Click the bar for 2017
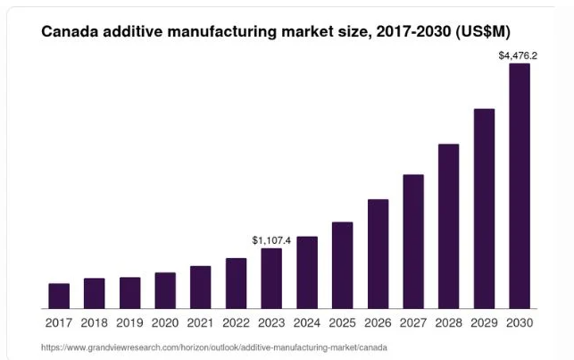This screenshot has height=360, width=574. [59, 296]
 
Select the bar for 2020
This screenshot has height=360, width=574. [165, 290]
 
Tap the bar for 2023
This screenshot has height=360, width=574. [271, 279]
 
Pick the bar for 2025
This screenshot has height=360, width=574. [342, 265]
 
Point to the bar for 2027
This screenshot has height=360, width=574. [413, 241]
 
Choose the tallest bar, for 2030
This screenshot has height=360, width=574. [519, 186]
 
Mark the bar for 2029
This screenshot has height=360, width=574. [484, 208]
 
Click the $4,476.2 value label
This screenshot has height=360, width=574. [518, 55]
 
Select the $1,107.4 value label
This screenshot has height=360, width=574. [271, 240]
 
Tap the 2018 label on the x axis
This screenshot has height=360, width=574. [95, 322]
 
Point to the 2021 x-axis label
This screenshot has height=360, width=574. [201, 322]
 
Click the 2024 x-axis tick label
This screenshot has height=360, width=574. [307, 322]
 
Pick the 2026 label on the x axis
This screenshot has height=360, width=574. [378, 322]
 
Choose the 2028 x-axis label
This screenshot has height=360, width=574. [448, 322]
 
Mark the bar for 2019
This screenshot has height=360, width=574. [130, 293]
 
